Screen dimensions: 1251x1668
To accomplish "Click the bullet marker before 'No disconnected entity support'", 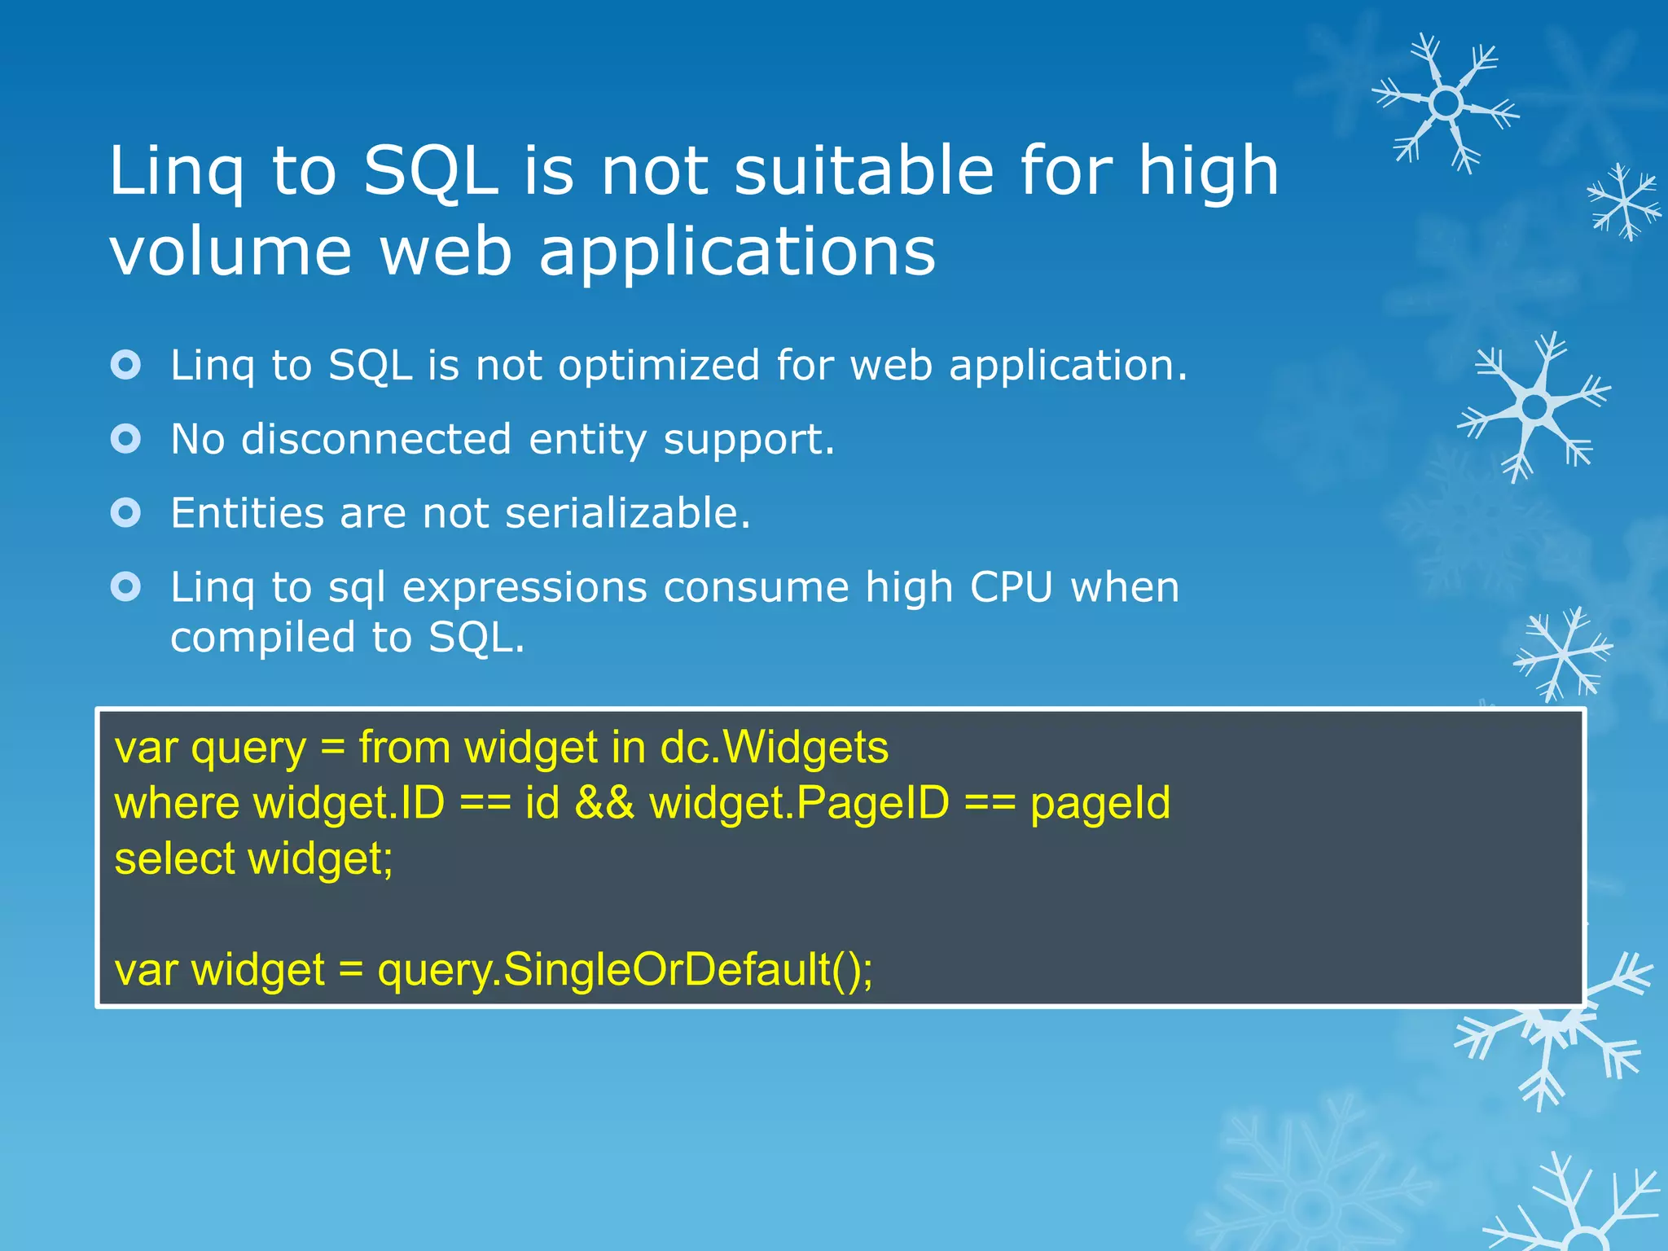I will (x=126, y=439).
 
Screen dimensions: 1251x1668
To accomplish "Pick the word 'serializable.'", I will (x=627, y=513).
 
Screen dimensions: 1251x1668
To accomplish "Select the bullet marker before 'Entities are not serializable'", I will (x=126, y=513).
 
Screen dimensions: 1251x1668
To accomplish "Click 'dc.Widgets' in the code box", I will (x=774, y=747).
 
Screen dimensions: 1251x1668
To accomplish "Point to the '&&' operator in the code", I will (x=604, y=802).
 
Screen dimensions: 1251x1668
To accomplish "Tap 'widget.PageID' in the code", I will (x=800, y=804).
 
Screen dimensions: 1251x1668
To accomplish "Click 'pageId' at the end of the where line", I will (x=1100, y=804).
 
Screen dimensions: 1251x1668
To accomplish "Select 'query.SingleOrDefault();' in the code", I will (x=625, y=970).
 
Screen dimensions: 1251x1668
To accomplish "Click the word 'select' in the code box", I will (x=174, y=858).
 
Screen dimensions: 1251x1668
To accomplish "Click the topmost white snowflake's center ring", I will (x=1446, y=103).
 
